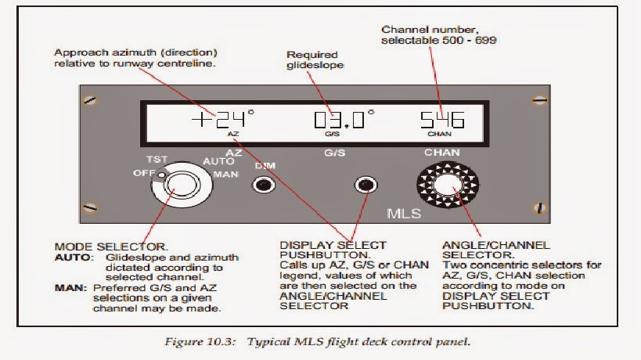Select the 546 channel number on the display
pos(443,120)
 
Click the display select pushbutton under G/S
pos(364,185)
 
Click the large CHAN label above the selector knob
pos(443,152)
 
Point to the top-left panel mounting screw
pos(92,100)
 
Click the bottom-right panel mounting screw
pos(538,208)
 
